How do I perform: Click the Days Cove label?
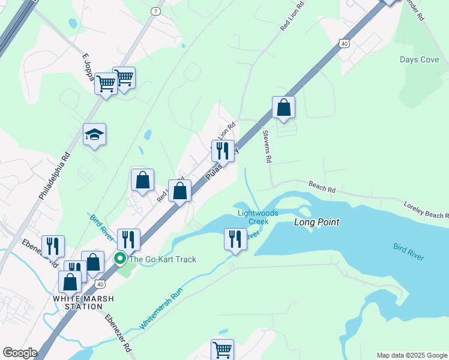click(x=419, y=60)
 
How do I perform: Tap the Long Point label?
click(x=316, y=222)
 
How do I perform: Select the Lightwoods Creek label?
click(x=259, y=217)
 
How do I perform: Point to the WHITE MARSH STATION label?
click(x=77, y=302)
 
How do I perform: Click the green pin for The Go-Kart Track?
click(x=120, y=259)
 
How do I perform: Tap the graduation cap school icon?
click(x=95, y=134)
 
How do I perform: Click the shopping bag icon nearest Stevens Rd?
click(x=284, y=108)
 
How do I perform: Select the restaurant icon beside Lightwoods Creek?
click(x=235, y=239)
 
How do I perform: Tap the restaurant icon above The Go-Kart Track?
click(x=128, y=240)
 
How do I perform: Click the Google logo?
click(x=20, y=353)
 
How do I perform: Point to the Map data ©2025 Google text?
click(x=411, y=355)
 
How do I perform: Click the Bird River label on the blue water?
click(x=408, y=251)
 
